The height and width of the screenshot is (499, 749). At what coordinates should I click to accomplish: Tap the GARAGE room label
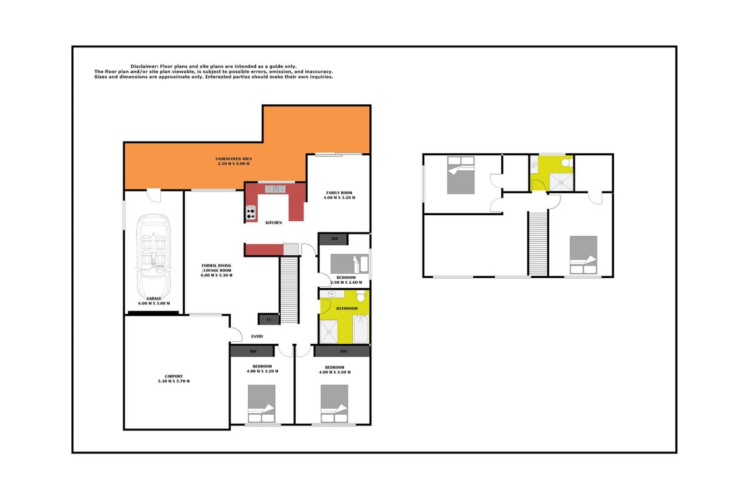[154, 298]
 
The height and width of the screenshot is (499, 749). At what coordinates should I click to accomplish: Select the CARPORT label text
[174, 376]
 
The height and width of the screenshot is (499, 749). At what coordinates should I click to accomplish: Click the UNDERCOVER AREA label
[233, 159]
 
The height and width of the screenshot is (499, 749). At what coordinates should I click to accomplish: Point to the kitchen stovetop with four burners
[251, 213]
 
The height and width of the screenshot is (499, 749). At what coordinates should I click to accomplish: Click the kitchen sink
[275, 190]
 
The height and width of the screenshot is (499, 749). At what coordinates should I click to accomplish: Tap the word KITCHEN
[273, 223]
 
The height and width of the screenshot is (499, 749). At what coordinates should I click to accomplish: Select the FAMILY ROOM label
[339, 193]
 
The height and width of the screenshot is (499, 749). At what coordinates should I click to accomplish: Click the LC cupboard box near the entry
[268, 319]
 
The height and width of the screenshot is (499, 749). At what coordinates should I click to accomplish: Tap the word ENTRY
[257, 337]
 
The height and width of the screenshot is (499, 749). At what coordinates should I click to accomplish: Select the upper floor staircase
[537, 243]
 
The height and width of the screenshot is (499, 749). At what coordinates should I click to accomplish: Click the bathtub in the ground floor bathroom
[361, 329]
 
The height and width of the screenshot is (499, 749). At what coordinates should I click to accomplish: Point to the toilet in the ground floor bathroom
[361, 296]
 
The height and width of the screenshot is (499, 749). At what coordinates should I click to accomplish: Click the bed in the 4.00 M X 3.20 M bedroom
[262, 404]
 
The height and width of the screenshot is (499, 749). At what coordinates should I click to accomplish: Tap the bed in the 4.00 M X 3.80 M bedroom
[335, 404]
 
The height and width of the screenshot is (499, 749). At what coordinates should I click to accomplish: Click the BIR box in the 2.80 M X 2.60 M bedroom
[334, 239]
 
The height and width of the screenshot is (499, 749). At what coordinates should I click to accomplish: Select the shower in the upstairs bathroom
[561, 182]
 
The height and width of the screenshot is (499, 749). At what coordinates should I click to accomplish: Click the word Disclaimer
[144, 67]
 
